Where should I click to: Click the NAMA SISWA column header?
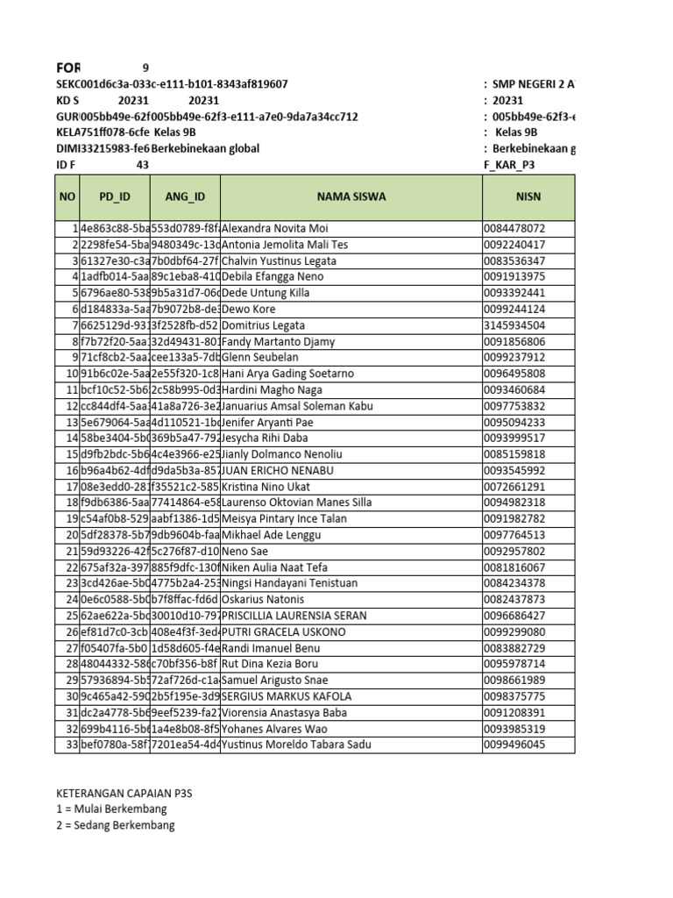pos(351,197)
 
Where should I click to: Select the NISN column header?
pos(528,197)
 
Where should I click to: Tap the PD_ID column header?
pos(114,197)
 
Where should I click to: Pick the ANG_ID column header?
pos(184,197)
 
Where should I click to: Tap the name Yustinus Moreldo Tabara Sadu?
pos(296,745)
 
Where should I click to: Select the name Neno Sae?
pos(246,552)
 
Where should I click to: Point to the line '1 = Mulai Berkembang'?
pos(111,809)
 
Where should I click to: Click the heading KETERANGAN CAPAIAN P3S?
pos(124,793)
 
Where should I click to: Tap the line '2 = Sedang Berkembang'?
pos(115,825)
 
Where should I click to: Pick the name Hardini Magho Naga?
pos(272,390)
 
